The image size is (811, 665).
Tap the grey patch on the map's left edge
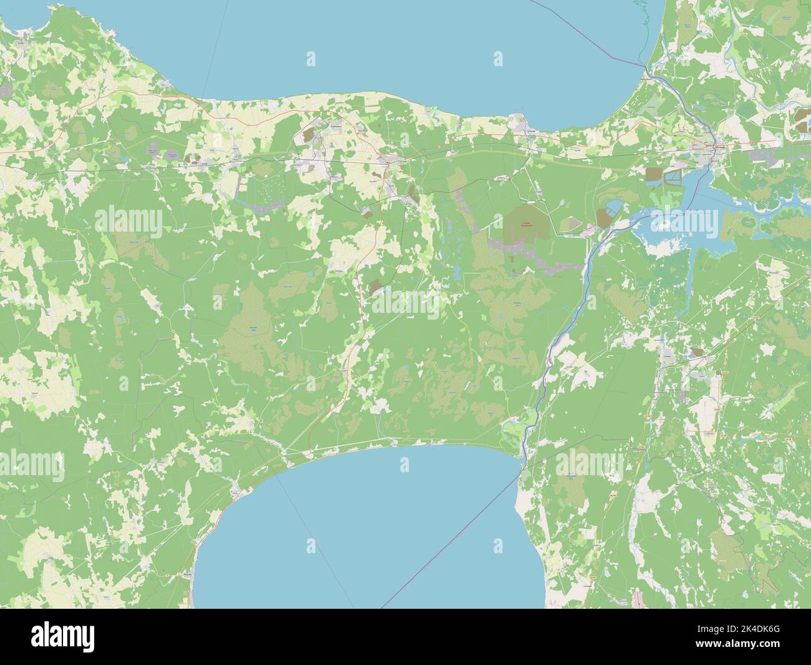(5, 91)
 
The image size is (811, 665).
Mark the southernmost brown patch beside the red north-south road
(375, 287)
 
